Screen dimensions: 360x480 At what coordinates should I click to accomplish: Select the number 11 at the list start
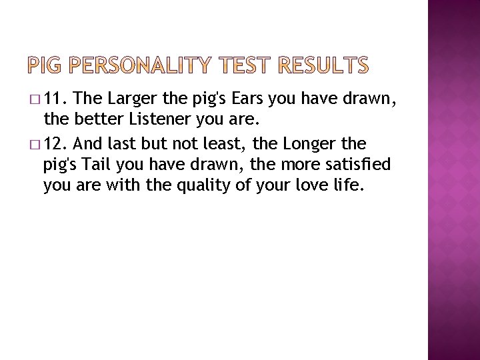[x=61, y=100]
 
